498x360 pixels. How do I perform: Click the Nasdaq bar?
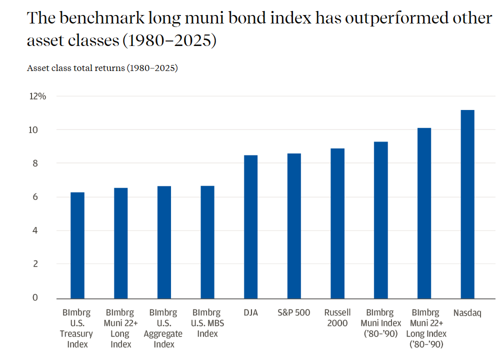point(467,204)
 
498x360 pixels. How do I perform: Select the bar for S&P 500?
point(294,226)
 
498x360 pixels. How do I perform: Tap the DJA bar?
point(250,227)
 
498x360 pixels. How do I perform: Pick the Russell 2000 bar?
point(337,223)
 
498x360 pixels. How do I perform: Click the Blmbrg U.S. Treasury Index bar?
point(77,245)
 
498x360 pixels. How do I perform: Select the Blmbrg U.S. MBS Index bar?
point(207,242)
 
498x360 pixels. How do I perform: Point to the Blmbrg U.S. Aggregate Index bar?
point(164,242)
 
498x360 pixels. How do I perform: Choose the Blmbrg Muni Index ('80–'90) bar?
point(381,220)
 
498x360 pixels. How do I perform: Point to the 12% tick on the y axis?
point(37,96)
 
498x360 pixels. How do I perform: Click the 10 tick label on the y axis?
point(33,130)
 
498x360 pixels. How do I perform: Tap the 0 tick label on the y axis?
point(35,297)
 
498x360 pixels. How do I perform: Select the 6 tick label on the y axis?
point(35,197)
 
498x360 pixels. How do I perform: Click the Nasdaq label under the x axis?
point(467,313)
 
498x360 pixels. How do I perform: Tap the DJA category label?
point(250,312)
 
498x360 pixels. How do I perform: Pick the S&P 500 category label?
point(294,312)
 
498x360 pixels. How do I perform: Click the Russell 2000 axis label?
point(337,317)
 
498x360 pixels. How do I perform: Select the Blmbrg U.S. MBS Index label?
point(207,323)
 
